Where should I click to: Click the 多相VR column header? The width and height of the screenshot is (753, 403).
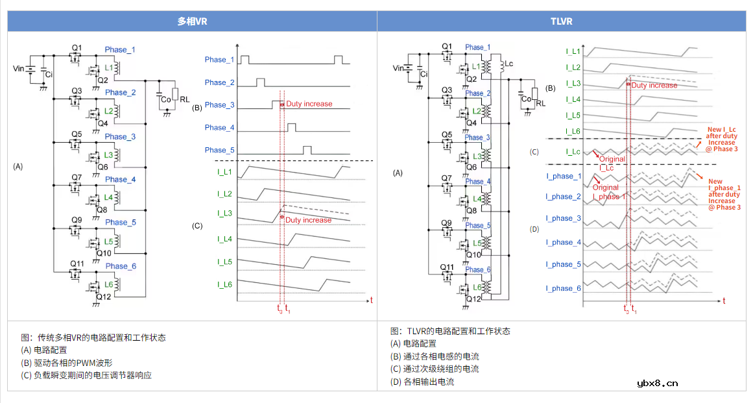click(x=192, y=21)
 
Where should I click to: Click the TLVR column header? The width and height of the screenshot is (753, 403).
click(x=561, y=21)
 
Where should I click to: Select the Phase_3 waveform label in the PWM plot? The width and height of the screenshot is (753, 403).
click(x=219, y=105)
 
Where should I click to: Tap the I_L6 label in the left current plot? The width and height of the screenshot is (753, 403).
click(x=224, y=284)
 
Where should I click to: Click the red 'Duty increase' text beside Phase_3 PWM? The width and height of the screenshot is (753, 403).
click(x=309, y=104)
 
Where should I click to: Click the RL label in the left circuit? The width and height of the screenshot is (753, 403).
click(x=185, y=100)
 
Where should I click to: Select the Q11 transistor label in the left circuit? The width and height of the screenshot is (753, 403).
click(x=77, y=263)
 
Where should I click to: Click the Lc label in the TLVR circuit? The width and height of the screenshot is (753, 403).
click(x=508, y=64)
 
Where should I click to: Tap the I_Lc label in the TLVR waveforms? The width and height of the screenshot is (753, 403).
click(x=573, y=152)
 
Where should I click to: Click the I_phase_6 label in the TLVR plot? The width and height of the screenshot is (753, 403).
click(x=563, y=288)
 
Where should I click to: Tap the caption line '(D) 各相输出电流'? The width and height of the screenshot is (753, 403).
click(x=422, y=382)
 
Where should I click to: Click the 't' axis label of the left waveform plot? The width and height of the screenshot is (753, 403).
click(x=371, y=300)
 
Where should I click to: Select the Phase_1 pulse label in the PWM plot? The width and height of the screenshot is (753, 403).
click(x=219, y=60)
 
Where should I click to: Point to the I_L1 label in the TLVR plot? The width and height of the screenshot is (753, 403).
click(x=573, y=51)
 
